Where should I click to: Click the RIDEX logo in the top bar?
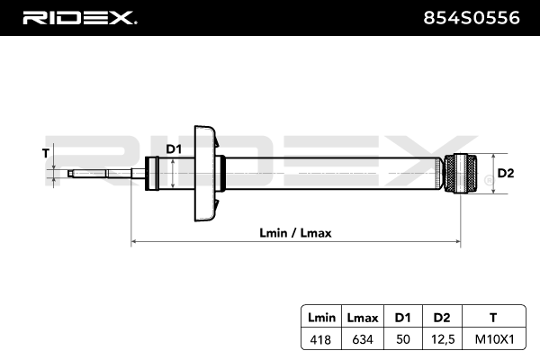(78, 17)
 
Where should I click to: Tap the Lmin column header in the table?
(321, 318)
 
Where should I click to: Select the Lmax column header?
(362, 318)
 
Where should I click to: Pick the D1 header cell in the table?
(401, 318)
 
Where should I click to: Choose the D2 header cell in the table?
(440, 318)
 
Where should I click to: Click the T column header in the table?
(492, 318)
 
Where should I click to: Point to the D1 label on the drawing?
(174, 149)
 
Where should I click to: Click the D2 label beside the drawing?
(505, 173)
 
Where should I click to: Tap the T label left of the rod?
(46, 153)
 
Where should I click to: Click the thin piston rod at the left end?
(99, 172)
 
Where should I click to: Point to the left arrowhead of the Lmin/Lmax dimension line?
(136, 241)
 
